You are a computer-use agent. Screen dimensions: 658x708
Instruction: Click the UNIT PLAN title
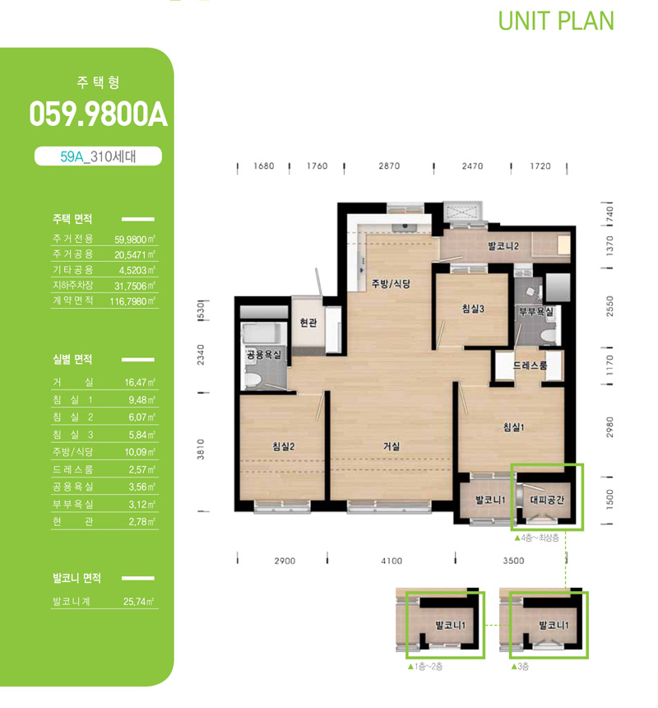click(x=556, y=21)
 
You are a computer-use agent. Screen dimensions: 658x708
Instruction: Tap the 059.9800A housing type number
click(x=99, y=114)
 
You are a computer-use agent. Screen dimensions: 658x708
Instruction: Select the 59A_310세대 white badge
click(x=98, y=156)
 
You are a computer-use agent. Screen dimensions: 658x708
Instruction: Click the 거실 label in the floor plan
click(x=391, y=446)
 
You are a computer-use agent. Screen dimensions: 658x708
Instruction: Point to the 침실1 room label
click(x=514, y=426)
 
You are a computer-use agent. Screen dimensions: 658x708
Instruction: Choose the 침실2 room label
click(x=283, y=446)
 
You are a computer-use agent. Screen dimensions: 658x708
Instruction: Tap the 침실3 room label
click(x=473, y=309)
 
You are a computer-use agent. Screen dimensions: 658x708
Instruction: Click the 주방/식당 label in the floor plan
click(x=391, y=283)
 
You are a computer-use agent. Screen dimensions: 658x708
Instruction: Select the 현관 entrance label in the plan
click(x=308, y=323)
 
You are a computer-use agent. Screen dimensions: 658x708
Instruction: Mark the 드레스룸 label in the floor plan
click(x=530, y=366)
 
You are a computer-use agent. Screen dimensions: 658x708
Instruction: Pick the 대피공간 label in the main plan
click(x=547, y=500)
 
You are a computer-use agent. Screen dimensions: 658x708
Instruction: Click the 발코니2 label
click(x=503, y=246)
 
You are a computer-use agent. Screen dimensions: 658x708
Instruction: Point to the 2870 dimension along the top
click(x=389, y=165)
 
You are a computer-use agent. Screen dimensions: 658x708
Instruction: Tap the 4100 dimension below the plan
click(x=392, y=561)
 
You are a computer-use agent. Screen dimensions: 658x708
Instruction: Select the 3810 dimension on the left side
click(x=201, y=449)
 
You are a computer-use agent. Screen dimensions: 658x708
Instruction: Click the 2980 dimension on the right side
click(x=609, y=427)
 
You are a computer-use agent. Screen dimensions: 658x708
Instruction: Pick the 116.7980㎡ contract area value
click(x=132, y=301)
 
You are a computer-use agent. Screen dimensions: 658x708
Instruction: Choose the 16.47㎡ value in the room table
click(x=140, y=383)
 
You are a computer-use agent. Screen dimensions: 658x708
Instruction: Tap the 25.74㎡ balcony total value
click(x=138, y=602)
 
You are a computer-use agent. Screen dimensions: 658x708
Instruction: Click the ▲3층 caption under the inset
click(x=520, y=667)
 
